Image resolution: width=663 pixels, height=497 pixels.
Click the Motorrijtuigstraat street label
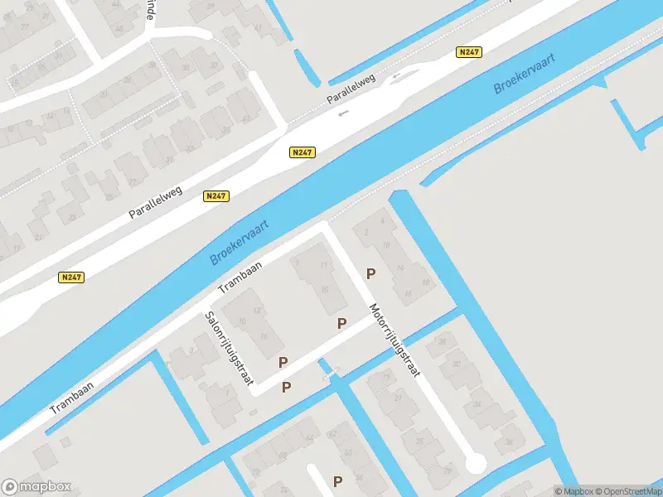pos(394,340)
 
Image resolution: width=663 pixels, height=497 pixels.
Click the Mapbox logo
pos(36,486)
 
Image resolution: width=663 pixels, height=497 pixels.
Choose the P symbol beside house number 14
pos(371,273)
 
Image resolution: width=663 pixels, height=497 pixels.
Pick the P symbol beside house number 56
pos(337,480)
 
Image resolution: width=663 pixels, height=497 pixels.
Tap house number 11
pos(324,266)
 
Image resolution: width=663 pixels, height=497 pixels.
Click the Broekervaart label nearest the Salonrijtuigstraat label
pos(236,241)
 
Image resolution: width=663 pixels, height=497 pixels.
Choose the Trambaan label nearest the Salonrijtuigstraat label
pos(240,277)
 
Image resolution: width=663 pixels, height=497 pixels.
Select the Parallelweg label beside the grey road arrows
pos(351,89)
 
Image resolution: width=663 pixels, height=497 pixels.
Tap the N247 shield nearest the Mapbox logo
pos(71,277)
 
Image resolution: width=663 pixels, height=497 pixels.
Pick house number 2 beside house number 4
pos(365,233)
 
